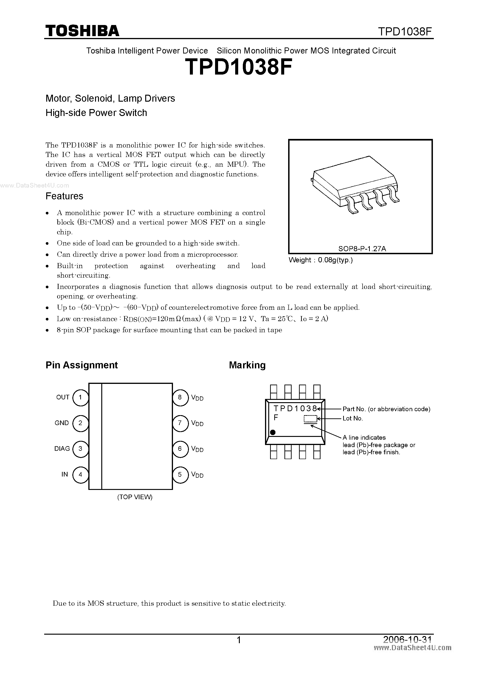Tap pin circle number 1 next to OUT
(80, 397)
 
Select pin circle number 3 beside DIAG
(80, 449)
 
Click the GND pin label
(62, 423)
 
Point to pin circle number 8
(180, 397)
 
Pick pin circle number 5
(180, 474)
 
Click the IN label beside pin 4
(65, 474)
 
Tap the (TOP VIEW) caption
(135, 497)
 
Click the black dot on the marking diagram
(273, 432)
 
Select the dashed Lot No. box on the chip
(310, 419)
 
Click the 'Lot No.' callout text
(352, 418)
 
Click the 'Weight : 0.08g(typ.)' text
(321, 260)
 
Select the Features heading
(64, 196)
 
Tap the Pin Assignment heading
(82, 365)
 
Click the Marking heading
(247, 365)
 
